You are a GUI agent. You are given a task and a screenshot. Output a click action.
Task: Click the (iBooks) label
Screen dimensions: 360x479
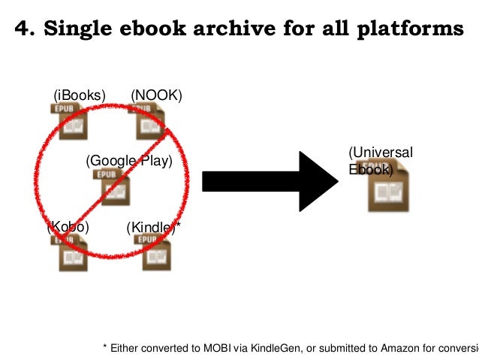[x=79, y=95]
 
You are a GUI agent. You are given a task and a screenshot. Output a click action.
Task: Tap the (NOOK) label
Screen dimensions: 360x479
[x=156, y=95]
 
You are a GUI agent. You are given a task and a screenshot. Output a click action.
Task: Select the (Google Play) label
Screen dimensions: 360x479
[x=129, y=161]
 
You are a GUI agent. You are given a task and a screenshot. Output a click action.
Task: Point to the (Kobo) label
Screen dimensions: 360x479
[x=68, y=226]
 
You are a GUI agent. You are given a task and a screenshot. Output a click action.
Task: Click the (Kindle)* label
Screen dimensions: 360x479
[x=154, y=227]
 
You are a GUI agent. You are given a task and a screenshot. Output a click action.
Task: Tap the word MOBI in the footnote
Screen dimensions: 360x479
[x=208, y=347]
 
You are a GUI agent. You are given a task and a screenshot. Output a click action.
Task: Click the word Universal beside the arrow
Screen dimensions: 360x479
[x=381, y=153]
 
